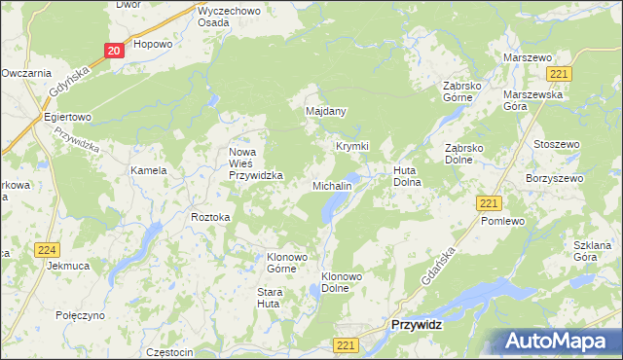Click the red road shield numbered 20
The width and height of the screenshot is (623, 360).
point(114,51)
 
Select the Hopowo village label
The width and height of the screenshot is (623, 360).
point(153,44)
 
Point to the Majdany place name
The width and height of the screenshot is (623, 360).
point(326,111)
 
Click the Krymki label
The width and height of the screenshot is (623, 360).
point(352,146)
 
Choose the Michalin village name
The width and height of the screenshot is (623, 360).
point(331,185)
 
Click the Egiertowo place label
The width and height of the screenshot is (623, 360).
point(67,117)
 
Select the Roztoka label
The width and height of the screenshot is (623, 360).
point(210,217)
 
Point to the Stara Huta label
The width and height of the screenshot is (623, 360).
point(269,298)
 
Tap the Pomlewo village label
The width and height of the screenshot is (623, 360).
point(502,222)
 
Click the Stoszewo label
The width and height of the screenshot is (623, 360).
point(557,144)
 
